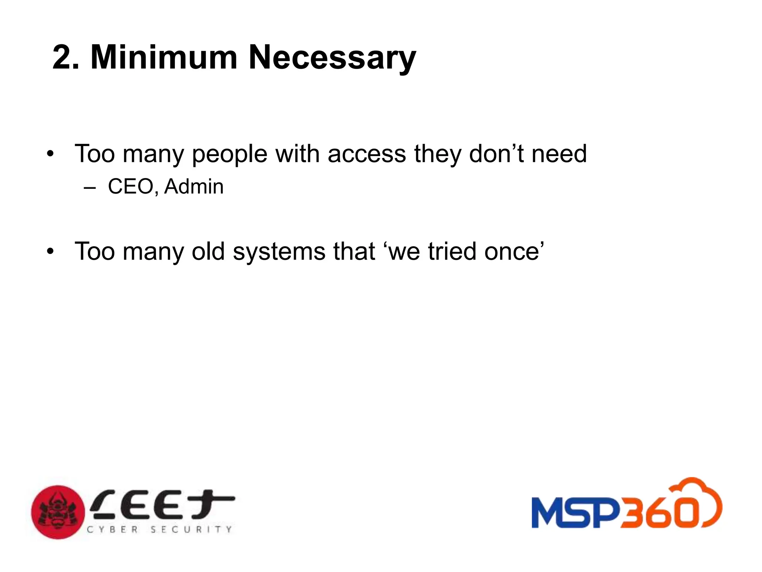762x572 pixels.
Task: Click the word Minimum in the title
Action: click(x=164, y=57)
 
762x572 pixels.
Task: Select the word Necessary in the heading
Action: click(x=332, y=58)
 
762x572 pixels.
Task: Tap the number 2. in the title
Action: click(x=66, y=57)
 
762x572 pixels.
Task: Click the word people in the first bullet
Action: click(x=230, y=154)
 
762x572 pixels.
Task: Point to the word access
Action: click(x=366, y=154)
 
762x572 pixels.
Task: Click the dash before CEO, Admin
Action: click(x=90, y=187)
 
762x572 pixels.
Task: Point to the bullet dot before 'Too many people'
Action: click(x=51, y=154)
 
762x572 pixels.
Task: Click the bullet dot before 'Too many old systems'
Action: click(x=51, y=251)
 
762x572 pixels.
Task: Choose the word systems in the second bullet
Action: click(x=279, y=252)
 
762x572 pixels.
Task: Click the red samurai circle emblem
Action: click(x=58, y=512)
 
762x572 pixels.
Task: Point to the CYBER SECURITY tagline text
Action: click(x=159, y=529)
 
